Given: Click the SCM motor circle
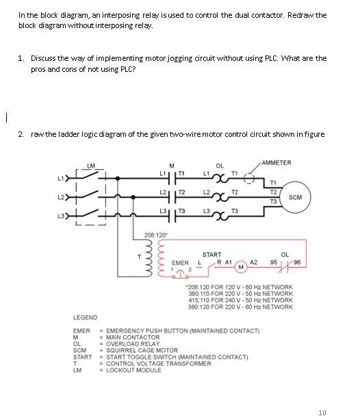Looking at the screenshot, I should (x=296, y=196).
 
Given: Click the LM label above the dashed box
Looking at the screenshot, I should (x=92, y=164).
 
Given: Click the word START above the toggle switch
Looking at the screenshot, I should (x=211, y=255).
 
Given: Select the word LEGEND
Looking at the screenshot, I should (x=85, y=317).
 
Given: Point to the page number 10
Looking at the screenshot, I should (x=322, y=413).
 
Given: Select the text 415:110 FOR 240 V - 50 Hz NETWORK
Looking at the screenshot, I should (x=239, y=300).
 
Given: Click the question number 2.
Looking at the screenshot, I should (x=21, y=133).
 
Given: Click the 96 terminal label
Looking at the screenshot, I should (x=297, y=261).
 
